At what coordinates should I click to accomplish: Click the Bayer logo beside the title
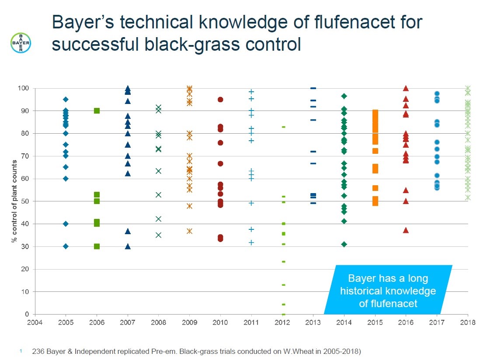click(x=21, y=43)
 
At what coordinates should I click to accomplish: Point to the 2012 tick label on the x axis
click(x=282, y=322)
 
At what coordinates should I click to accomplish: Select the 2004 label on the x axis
click(x=35, y=322)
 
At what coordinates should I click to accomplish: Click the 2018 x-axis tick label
click(x=468, y=322)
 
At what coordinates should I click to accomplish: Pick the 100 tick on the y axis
click(x=23, y=88)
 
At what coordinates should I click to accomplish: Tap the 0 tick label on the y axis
click(x=27, y=314)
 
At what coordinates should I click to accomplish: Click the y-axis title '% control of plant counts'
click(x=14, y=201)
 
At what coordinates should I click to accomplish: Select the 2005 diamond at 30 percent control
click(x=66, y=246)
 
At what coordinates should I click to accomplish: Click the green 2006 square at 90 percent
click(x=97, y=111)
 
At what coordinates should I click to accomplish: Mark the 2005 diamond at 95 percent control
click(x=66, y=100)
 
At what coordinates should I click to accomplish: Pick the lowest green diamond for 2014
click(x=344, y=244)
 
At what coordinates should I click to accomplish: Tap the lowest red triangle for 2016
click(x=406, y=230)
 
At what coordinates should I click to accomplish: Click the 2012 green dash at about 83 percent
click(x=283, y=127)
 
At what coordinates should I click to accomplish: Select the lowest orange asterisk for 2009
click(x=189, y=231)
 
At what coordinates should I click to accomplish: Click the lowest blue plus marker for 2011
click(x=251, y=242)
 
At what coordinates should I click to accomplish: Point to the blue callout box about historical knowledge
click(x=388, y=290)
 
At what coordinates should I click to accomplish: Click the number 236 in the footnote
click(x=38, y=351)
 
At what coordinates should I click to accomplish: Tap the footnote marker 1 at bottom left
click(x=21, y=351)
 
